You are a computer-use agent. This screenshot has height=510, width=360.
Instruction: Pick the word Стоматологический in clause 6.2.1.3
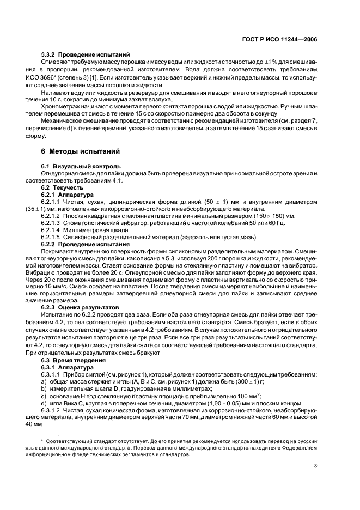tap(91, 223)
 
